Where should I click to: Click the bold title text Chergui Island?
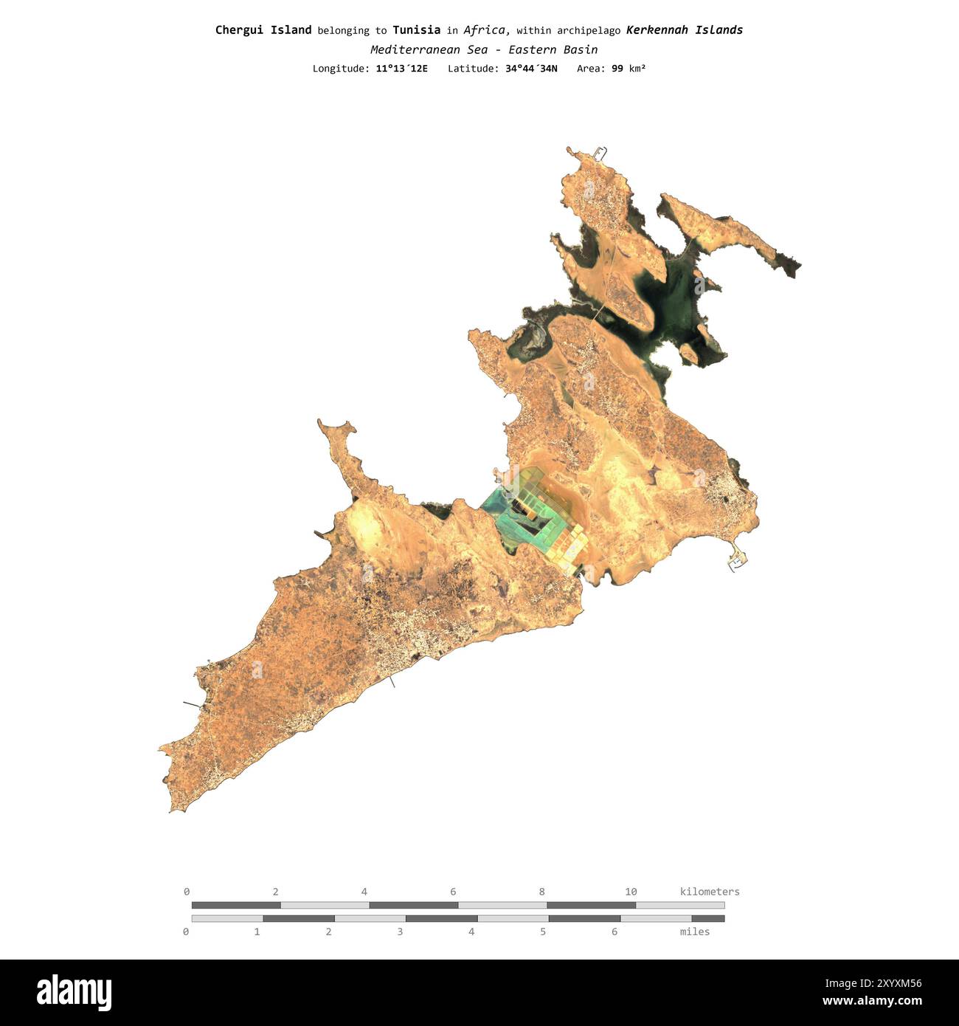(263, 30)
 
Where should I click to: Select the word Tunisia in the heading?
(416, 30)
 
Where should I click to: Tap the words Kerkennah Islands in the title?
(684, 30)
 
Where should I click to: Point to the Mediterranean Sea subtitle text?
(484, 49)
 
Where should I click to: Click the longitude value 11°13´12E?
(401, 69)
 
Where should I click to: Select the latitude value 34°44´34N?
(531, 69)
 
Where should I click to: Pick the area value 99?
(617, 69)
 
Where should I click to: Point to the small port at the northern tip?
(599, 154)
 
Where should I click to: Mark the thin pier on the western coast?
(191, 703)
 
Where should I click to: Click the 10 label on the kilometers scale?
(631, 892)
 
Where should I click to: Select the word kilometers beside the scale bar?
(709, 892)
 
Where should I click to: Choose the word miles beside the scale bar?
(694, 932)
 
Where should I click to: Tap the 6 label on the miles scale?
(614, 932)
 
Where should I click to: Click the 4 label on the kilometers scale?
(364, 892)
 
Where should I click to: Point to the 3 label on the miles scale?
(400, 932)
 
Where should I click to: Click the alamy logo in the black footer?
(74, 993)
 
